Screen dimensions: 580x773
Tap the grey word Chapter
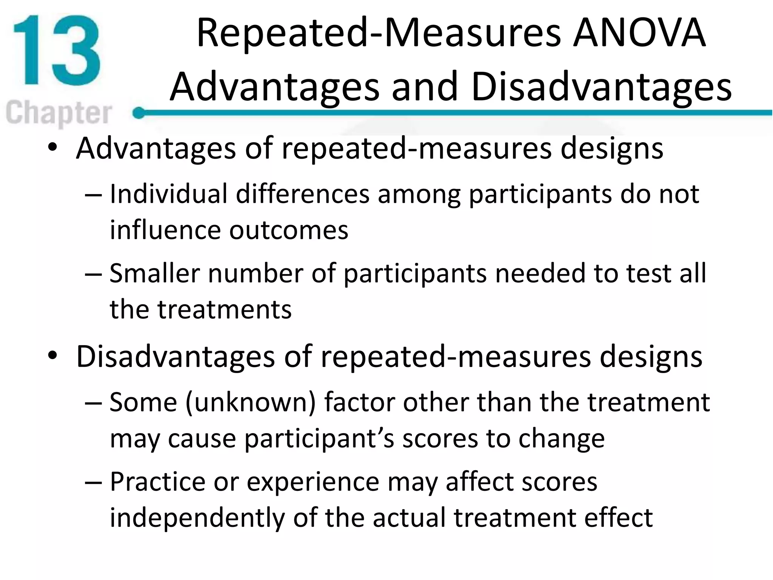(59, 113)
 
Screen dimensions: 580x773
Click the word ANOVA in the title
(639, 33)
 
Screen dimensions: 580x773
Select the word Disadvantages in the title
(602, 87)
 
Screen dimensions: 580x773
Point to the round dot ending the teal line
(139, 113)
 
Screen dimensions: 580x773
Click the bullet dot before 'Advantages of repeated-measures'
(52, 148)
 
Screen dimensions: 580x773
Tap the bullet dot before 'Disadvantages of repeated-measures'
(52, 356)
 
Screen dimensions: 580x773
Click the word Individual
(168, 194)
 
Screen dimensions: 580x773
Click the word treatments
(224, 309)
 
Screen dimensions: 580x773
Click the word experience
(313, 483)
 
